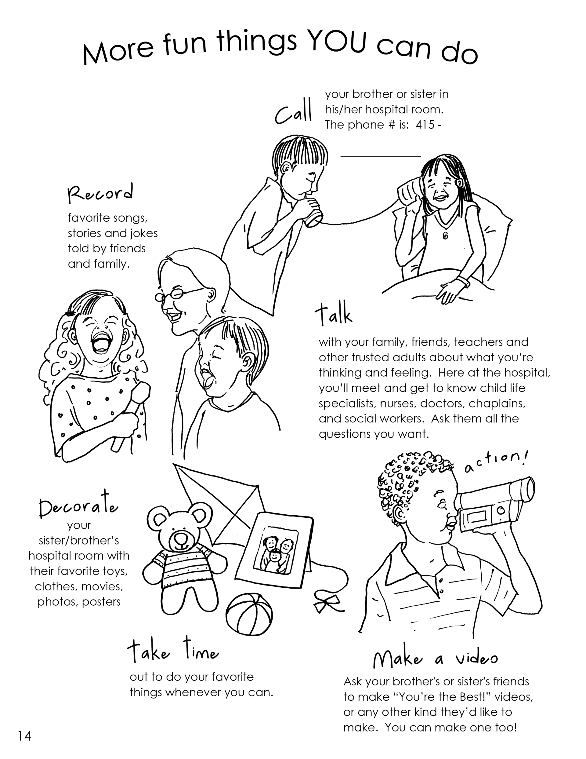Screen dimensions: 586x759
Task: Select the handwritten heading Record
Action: (100, 194)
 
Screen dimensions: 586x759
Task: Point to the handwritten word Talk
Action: (334, 314)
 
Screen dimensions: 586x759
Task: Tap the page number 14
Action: (25, 736)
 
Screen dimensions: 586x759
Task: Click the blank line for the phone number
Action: (380, 157)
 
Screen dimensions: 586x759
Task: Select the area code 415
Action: (425, 124)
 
